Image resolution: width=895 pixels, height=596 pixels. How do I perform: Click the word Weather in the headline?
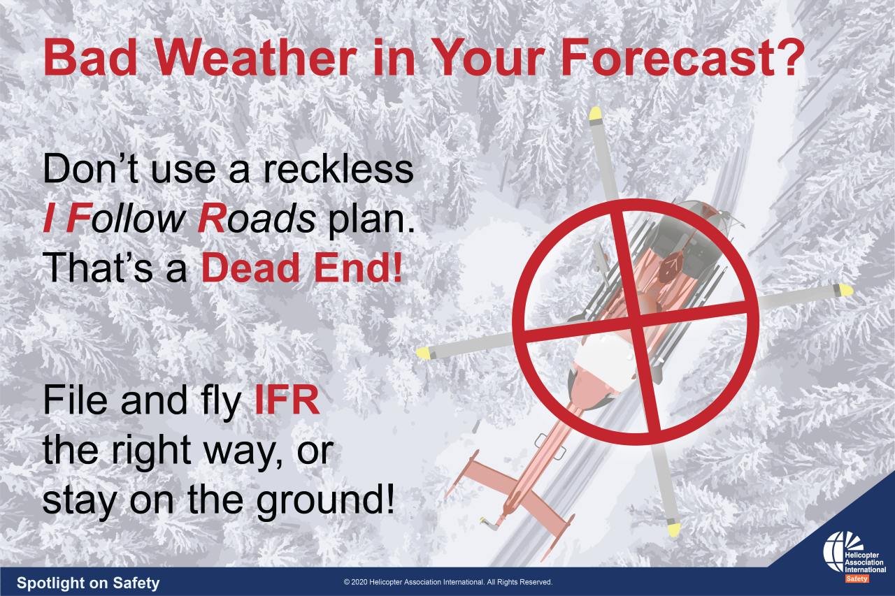pyautogui.click(x=255, y=57)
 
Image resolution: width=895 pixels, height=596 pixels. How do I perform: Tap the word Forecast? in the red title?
pyautogui.click(x=682, y=57)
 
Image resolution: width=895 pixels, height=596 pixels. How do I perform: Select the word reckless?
pyautogui.click(x=338, y=169)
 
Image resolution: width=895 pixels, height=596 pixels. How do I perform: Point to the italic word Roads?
pyautogui.click(x=257, y=218)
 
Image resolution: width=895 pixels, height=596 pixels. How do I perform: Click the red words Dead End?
pyautogui.click(x=301, y=268)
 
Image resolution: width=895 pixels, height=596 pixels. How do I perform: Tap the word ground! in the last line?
pyautogui.click(x=325, y=502)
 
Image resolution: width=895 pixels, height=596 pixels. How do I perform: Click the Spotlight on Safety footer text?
pyautogui.click(x=88, y=583)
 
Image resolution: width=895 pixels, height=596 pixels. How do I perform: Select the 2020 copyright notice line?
pyautogui.click(x=448, y=582)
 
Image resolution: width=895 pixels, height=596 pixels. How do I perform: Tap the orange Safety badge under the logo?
pyautogui.click(x=857, y=579)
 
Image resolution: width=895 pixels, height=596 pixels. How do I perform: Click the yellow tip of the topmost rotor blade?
pyautogui.click(x=595, y=113)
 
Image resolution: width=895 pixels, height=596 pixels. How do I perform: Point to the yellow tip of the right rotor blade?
pyautogui.click(x=845, y=290)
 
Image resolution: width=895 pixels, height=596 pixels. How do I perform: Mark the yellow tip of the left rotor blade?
pyautogui.click(x=424, y=353)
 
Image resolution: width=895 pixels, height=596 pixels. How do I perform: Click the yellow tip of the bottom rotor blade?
pyautogui.click(x=673, y=530)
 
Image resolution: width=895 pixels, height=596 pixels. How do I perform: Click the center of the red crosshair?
pyautogui.click(x=636, y=321)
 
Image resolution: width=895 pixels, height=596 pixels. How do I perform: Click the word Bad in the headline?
pyautogui.click(x=91, y=57)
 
